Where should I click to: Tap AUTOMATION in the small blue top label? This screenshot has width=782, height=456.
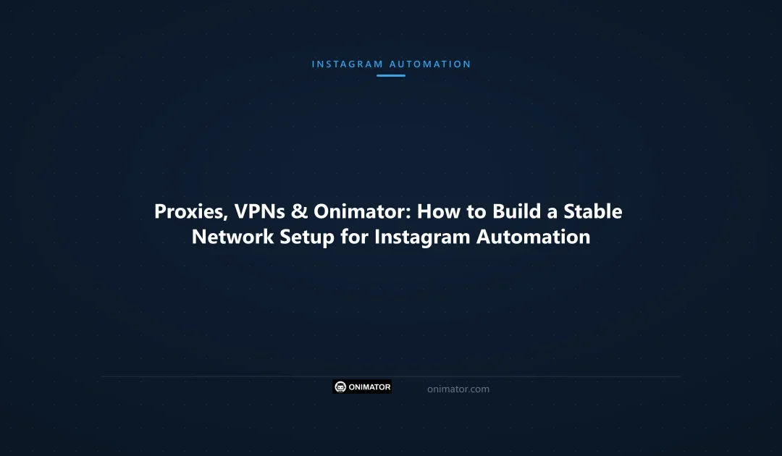tap(430, 64)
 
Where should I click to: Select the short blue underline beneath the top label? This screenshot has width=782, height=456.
tap(391, 75)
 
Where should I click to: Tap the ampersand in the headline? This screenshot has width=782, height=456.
tap(301, 212)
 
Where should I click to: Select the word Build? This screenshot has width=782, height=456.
tap(513, 212)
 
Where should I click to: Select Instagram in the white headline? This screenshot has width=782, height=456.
tap(422, 237)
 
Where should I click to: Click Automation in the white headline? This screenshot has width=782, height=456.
tap(533, 237)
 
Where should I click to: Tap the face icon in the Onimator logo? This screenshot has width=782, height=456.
tap(340, 387)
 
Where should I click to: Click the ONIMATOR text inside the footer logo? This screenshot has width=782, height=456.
tap(369, 387)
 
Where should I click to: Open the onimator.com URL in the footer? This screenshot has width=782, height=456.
tap(458, 389)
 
